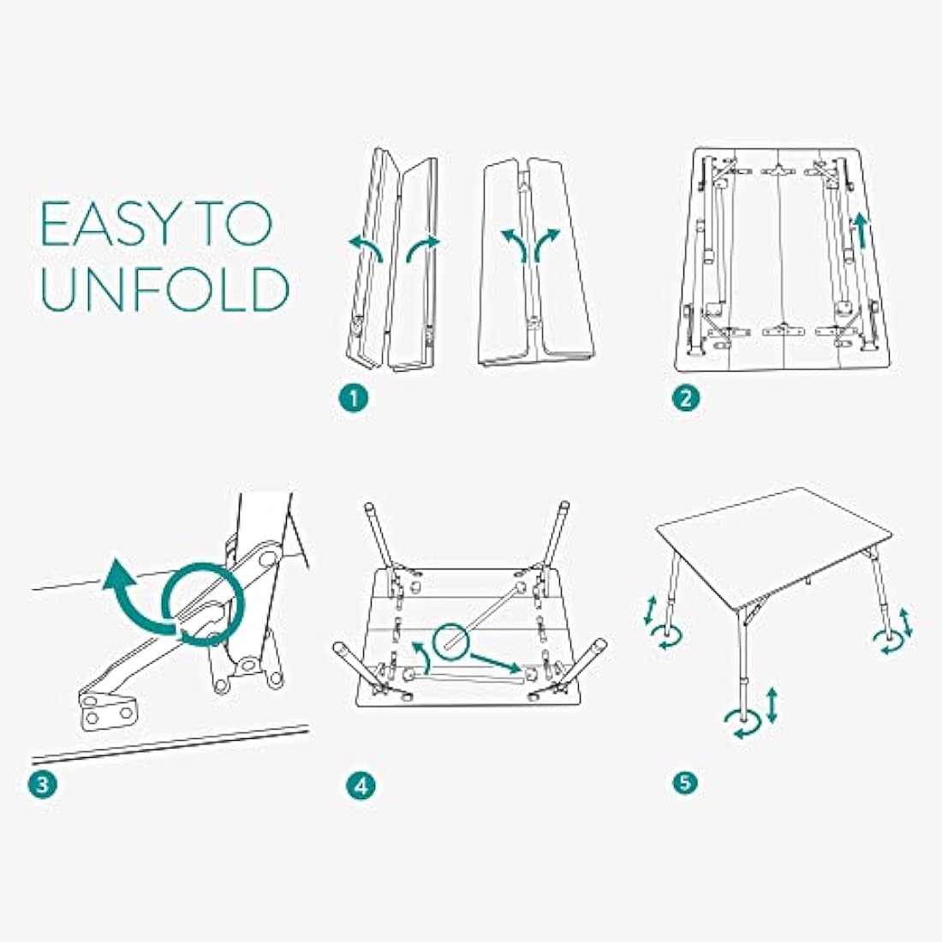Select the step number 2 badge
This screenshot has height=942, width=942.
coord(686,398)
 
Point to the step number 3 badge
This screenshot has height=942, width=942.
coord(43,784)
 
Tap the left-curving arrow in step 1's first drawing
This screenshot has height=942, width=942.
coord(366,247)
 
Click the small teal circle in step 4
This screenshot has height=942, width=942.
coord(454,640)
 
